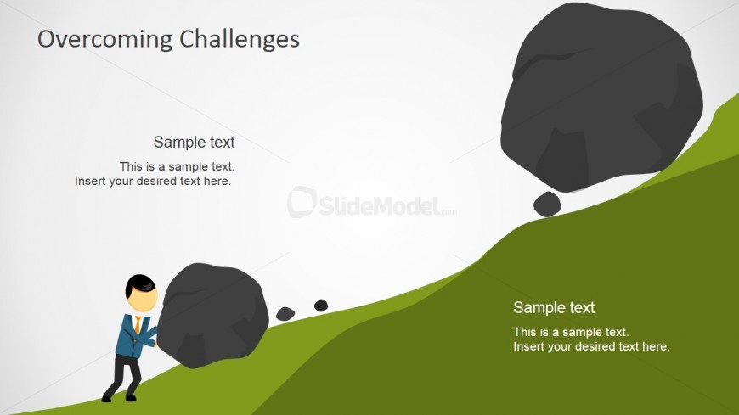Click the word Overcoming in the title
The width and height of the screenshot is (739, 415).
tap(105, 40)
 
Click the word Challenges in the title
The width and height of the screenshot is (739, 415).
tap(240, 39)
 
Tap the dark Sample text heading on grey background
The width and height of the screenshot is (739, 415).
tap(194, 142)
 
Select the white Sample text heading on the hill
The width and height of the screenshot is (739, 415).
tap(554, 307)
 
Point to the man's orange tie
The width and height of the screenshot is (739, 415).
tap(137, 324)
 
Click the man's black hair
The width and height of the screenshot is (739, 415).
tap(139, 284)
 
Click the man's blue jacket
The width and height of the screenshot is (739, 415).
tap(134, 335)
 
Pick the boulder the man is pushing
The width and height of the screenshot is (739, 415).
tap(212, 315)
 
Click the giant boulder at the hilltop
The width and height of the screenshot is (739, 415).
tap(601, 97)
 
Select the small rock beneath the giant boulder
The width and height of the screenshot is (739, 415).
tap(547, 204)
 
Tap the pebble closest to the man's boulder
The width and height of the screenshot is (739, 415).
tap(285, 314)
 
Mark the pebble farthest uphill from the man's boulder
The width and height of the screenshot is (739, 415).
tap(321, 306)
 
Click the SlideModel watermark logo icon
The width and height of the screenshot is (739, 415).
tap(302, 202)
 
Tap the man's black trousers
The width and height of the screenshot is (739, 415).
tap(122, 374)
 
